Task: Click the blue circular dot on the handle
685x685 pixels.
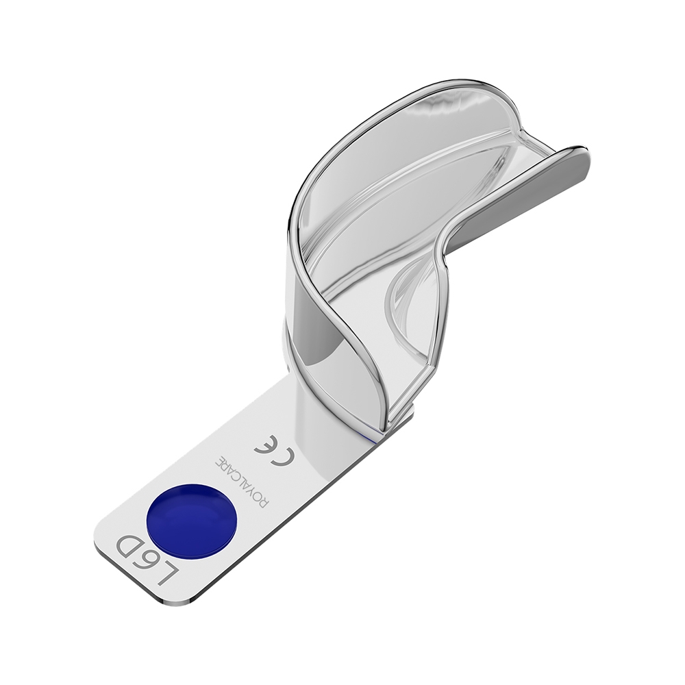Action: tap(192, 523)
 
